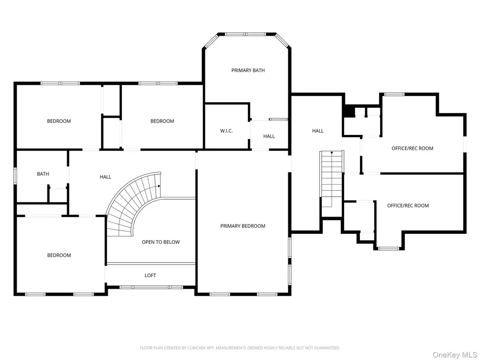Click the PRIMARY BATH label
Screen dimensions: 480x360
(x=248, y=70)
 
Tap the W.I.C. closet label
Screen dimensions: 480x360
(x=226, y=131)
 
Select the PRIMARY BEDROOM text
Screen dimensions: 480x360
(x=243, y=226)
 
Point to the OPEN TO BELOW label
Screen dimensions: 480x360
(x=161, y=242)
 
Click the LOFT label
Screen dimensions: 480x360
(x=150, y=276)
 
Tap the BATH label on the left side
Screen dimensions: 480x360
(x=43, y=174)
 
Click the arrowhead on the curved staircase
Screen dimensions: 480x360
(x=159, y=186)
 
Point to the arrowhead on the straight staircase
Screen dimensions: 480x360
(x=331, y=152)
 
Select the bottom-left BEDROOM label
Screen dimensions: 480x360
(x=59, y=255)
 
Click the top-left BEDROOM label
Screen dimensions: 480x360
(x=59, y=121)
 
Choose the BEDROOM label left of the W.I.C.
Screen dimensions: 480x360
(x=162, y=121)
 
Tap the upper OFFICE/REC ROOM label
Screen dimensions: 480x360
(x=412, y=149)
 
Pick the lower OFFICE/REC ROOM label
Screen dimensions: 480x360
(x=408, y=206)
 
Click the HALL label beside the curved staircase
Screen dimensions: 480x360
(x=105, y=177)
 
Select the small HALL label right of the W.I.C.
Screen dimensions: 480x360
(x=269, y=136)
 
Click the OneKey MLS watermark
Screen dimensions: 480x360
(x=455, y=355)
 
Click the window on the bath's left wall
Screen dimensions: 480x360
(x=15, y=176)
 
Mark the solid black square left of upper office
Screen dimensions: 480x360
(x=349, y=111)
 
